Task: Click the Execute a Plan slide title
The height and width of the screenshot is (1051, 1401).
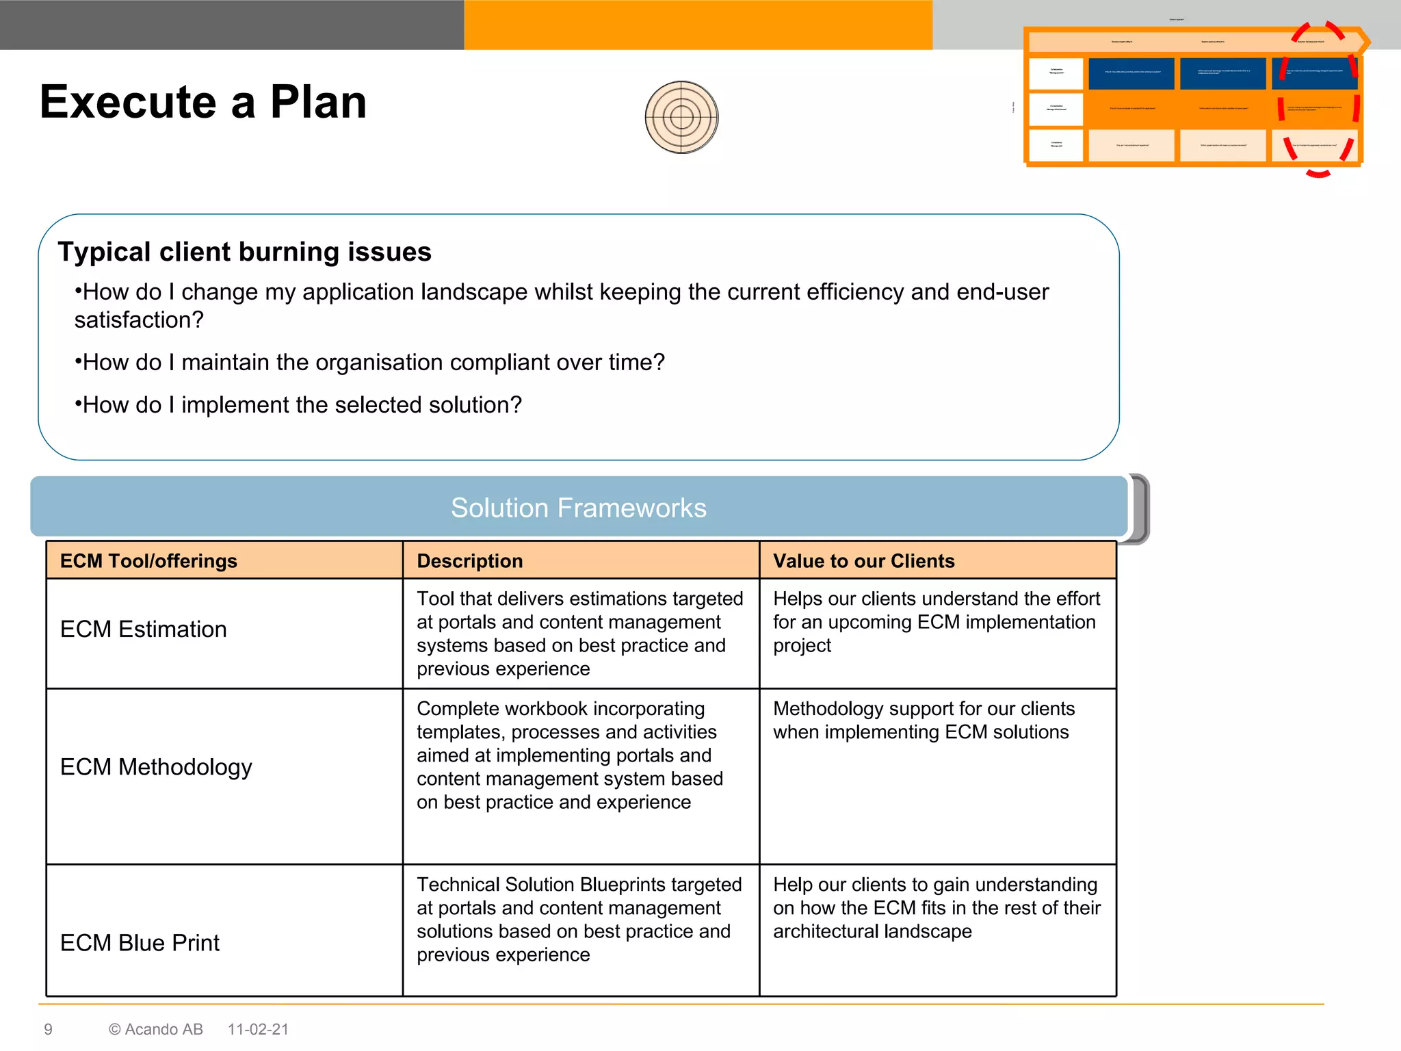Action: pyautogui.click(x=203, y=102)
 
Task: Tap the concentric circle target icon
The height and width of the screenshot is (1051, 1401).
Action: pyautogui.click(x=681, y=118)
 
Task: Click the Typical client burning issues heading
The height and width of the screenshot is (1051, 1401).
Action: pyautogui.click(x=244, y=252)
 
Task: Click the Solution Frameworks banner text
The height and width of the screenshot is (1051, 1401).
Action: pyautogui.click(x=578, y=508)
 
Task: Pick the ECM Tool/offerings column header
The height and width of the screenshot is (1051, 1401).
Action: pyautogui.click(x=148, y=561)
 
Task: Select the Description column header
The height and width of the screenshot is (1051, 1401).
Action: pyautogui.click(x=469, y=561)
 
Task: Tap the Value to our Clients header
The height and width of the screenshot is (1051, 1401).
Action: pyautogui.click(x=863, y=561)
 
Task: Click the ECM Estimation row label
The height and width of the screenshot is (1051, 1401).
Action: pyautogui.click(x=143, y=630)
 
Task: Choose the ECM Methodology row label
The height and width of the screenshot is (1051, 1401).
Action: pyautogui.click(x=156, y=767)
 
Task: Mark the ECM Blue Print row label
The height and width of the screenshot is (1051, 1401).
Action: pyautogui.click(x=140, y=943)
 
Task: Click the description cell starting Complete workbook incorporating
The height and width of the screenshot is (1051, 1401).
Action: pyautogui.click(x=570, y=755)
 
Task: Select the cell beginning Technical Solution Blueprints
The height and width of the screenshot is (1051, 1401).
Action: pyautogui.click(x=579, y=920)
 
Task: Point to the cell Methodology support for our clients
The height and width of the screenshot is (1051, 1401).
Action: pyautogui.click(x=924, y=721)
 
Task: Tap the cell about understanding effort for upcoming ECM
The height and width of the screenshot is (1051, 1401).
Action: pyautogui.click(x=936, y=622)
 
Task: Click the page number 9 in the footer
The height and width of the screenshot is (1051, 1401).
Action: pyautogui.click(x=48, y=1029)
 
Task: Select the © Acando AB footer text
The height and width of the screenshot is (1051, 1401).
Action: pyautogui.click(x=156, y=1029)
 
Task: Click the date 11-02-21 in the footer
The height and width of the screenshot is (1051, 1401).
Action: pyautogui.click(x=258, y=1029)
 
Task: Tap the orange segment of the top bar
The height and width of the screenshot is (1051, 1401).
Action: pyautogui.click(x=698, y=25)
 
